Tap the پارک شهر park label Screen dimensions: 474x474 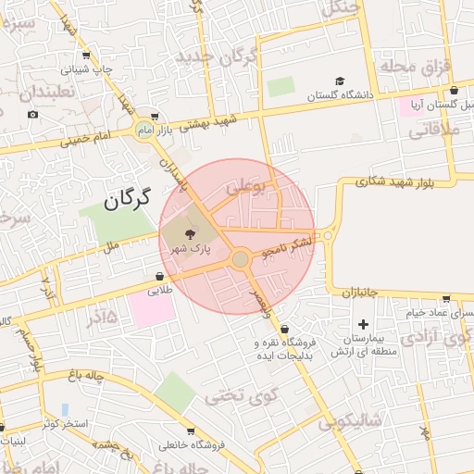(x=190, y=249)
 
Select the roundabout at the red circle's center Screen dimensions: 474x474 (x=241, y=260)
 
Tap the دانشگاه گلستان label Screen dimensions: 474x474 (x=339, y=95)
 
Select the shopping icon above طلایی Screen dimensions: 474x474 (x=160, y=275)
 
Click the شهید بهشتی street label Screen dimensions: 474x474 (x=209, y=121)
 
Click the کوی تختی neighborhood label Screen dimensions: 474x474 (x=229, y=397)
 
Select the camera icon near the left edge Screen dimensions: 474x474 (x=33, y=115)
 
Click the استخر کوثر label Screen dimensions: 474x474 (x=64, y=424)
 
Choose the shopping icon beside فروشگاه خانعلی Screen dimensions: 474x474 (x=190, y=431)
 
